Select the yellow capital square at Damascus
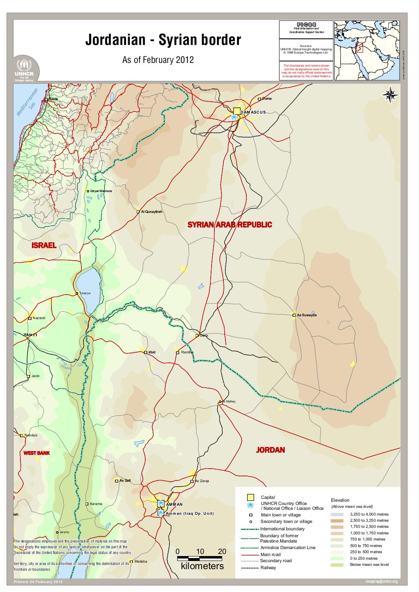[x=237, y=111]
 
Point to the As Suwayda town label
[x=307, y=315]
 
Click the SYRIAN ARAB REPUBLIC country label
[x=230, y=225]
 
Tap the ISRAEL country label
[x=44, y=245]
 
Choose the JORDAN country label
[x=270, y=450]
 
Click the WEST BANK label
[x=36, y=453]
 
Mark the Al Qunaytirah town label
[x=151, y=212]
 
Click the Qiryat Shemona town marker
[x=88, y=191]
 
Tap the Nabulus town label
[x=31, y=435]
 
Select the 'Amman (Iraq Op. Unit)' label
[x=190, y=513]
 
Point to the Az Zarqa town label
[x=202, y=481]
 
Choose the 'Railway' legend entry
[x=268, y=567]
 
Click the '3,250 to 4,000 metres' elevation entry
[x=369, y=514]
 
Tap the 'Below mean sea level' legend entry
[x=369, y=565]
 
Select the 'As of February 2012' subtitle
[x=158, y=60]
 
